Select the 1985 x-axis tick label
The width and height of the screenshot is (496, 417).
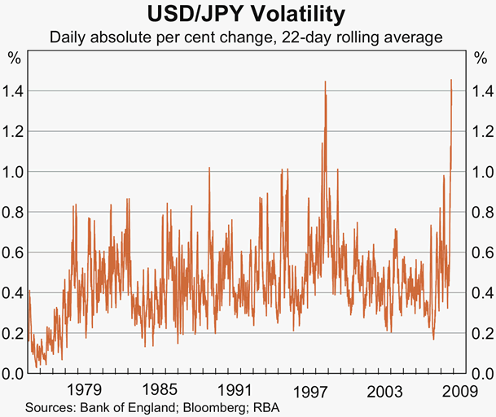coord(160,389)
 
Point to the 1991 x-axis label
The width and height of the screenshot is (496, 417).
coord(235,389)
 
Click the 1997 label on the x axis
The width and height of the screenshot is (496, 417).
coord(310,389)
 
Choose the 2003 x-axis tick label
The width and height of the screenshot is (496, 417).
coord(384,389)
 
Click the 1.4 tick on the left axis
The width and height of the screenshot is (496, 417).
coord(13,91)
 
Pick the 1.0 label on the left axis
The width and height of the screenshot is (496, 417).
coord(13,172)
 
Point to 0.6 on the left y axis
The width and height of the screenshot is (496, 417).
coord(13,252)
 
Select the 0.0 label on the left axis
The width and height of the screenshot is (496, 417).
coord(13,374)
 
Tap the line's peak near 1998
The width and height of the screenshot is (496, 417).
coord(325,81)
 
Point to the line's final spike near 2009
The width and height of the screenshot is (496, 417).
coord(451,80)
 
